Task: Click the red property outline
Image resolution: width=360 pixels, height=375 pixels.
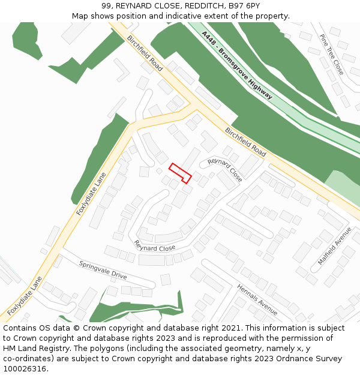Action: click(180, 173)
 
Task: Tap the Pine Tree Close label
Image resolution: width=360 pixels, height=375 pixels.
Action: click(332, 54)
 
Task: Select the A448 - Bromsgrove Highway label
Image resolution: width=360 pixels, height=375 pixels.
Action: click(237, 65)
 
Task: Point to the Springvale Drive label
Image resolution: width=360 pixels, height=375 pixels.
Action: click(103, 270)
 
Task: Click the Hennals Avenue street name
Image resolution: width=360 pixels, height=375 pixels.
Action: click(257, 299)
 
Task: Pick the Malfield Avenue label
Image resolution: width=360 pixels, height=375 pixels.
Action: click(335, 246)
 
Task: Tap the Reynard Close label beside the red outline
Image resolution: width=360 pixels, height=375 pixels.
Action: click(225, 170)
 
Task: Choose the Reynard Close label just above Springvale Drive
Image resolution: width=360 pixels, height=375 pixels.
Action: click(155, 247)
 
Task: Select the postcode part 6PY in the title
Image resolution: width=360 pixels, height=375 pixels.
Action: click(251, 6)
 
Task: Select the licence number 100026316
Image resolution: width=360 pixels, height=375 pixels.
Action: click(26, 369)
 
